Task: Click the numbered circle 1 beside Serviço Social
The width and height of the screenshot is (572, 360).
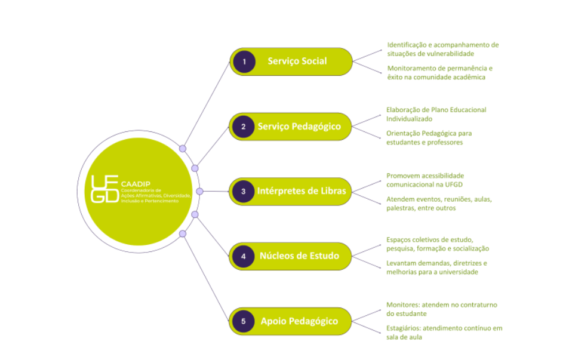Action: pos(244,61)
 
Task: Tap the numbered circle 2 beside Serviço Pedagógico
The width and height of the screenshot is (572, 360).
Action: pos(244,127)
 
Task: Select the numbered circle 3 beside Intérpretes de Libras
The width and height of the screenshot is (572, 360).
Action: pos(244,192)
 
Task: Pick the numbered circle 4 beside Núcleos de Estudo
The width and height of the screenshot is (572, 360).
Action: pos(244,256)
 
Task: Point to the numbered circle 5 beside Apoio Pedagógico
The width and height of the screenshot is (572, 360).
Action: pos(244,321)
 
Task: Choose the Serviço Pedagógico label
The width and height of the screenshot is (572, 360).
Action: pos(299,127)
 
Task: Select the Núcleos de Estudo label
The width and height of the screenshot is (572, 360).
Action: pos(299,256)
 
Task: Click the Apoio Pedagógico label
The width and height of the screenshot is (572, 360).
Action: pos(299,321)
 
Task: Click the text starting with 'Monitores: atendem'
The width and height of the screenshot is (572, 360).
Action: pos(441,309)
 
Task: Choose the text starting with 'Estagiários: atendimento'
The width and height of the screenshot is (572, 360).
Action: pos(444,333)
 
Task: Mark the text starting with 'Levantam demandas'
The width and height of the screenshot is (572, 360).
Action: pos(436,267)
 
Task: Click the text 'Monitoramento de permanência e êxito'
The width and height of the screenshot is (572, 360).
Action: pos(439,72)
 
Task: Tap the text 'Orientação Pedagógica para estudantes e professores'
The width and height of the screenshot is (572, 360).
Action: pos(429,137)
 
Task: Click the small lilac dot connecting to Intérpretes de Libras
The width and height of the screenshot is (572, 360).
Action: pos(199,192)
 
